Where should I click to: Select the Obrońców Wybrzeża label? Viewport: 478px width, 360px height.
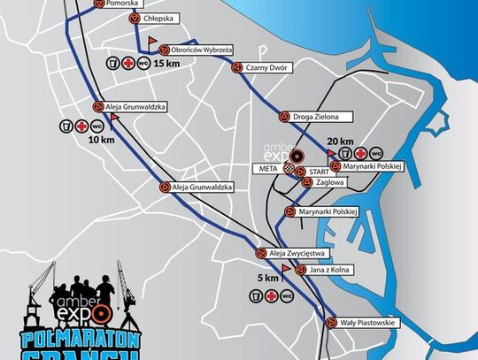203,50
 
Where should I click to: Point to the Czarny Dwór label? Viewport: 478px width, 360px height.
269,68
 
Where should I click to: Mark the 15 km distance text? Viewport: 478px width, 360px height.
166,65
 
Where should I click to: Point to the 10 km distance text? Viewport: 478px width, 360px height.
101,140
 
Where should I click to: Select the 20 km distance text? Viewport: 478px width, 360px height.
340,142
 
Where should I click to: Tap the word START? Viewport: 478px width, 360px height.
320,171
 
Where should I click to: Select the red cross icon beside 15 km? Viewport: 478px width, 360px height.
127,64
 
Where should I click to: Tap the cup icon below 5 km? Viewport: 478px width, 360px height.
256,296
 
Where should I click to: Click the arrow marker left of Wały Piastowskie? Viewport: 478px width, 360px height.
331,322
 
